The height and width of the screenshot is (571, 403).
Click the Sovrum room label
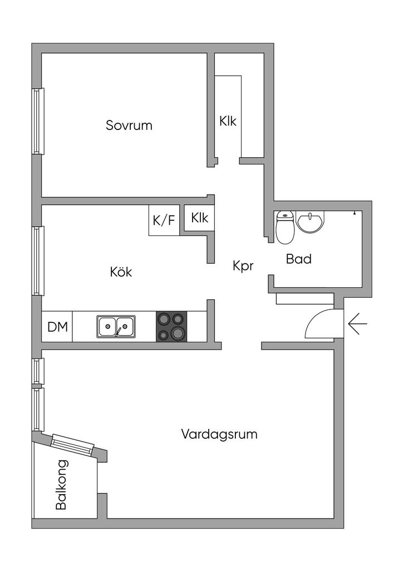[129, 125]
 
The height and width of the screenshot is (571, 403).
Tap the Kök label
[121, 272]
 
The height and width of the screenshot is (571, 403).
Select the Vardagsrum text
[219, 434]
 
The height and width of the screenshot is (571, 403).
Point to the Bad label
[298, 259]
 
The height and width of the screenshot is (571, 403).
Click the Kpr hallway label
[243, 266]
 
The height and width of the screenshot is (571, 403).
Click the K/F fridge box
[164, 220]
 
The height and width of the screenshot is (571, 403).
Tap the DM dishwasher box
[57, 327]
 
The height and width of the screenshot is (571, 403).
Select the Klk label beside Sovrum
[228, 121]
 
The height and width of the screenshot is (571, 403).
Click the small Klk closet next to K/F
[199, 218]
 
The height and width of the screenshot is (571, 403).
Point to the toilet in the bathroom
[285, 228]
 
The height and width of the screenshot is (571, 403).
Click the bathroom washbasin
[309, 222]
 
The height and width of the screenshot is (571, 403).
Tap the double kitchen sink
[116, 326]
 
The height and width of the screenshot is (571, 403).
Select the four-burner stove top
[171, 326]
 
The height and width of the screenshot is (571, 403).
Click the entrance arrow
[357, 323]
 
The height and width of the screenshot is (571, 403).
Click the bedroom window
[38, 121]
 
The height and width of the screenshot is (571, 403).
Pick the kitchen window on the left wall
[38, 260]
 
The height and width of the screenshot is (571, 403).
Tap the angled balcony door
[72, 444]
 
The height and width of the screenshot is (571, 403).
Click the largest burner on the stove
[178, 333]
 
